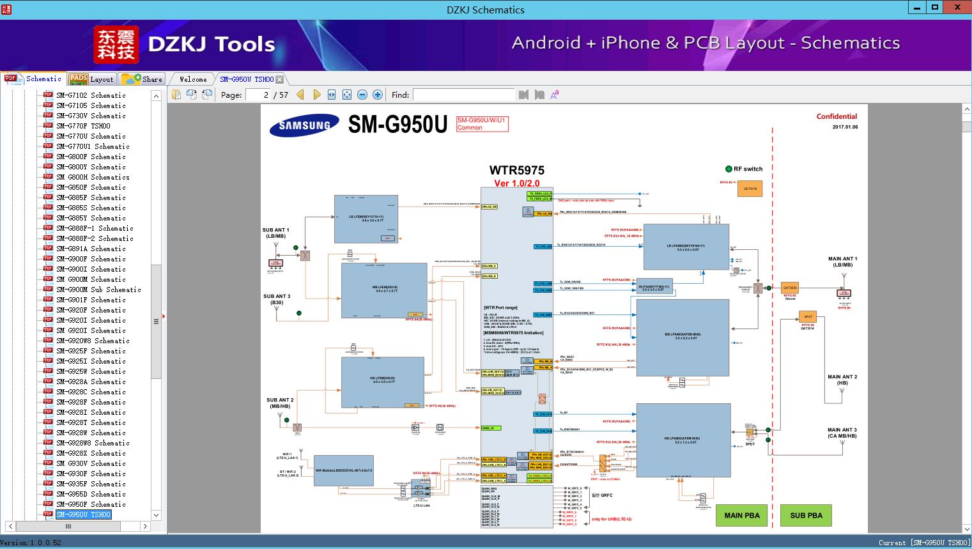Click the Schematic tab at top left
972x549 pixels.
(x=35, y=79)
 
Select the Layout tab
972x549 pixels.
(x=92, y=79)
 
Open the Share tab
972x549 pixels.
(x=143, y=79)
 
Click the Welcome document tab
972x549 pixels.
(x=193, y=79)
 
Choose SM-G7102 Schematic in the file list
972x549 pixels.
(x=91, y=95)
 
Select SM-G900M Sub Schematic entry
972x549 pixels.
(x=98, y=290)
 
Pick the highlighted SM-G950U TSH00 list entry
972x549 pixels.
(x=83, y=514)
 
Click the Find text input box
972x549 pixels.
(x=463, y=95)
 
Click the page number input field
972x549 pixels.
(x=258, y=95)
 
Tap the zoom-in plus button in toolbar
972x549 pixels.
(x=378, y=95)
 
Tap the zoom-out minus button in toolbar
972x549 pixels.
(x=362, y=95)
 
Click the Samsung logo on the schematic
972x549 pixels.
(x=304, y=125)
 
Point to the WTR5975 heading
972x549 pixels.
(x=516, y=170)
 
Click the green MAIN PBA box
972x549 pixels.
(x=741, y=515)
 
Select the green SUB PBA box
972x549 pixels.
(x=806, y=515)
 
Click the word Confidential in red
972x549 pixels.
(x=837, y=116)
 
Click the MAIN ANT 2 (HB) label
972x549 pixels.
(x=842, y=380)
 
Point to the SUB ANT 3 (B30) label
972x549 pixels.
(x=277, y=299)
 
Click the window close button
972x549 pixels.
(x=957, y=8)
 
